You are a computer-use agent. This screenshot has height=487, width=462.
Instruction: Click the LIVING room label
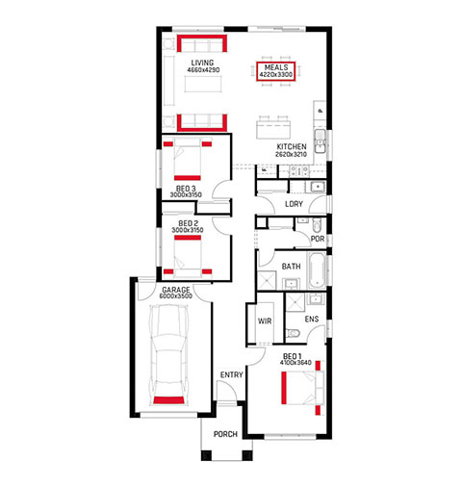(x=202, y=63)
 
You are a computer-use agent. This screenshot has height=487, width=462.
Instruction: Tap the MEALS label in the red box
(x=276, y=67)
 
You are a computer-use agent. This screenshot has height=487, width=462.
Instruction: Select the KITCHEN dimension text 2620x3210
(x=291, y=154)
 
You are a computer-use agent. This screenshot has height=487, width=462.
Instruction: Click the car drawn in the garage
(x=168, y=354)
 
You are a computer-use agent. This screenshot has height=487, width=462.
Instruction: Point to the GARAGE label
(x=176, y=290)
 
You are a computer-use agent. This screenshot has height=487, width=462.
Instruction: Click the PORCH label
(x=225, y=434)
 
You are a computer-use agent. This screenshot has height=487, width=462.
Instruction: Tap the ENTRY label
(x=231, y=374)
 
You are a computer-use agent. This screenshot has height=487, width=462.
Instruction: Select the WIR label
(x=265, y=320)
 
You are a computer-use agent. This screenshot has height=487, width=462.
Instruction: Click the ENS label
(x=312, y=319)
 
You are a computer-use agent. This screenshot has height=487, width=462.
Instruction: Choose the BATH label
(x=291, y=267)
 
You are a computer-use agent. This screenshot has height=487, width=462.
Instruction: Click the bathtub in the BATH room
(x=317, y=270)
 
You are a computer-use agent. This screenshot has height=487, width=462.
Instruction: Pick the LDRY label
(x=294, y=204)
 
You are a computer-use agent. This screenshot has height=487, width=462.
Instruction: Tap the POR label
(x=318, y=239)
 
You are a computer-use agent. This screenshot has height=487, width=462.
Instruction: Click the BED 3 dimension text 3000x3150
(x=186, y=195)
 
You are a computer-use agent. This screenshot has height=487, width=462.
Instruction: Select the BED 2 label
(x=189, y=223)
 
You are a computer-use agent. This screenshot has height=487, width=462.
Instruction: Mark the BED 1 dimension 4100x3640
(x=295, y=363)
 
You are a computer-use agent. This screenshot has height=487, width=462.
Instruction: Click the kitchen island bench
(x=273, y=129)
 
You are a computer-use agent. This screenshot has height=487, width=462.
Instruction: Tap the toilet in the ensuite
(x=293, y=334)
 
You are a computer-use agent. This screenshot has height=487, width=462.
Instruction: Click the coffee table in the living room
(x=203, y=84)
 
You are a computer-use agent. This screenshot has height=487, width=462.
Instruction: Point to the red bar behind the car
(x=168, y=400)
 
